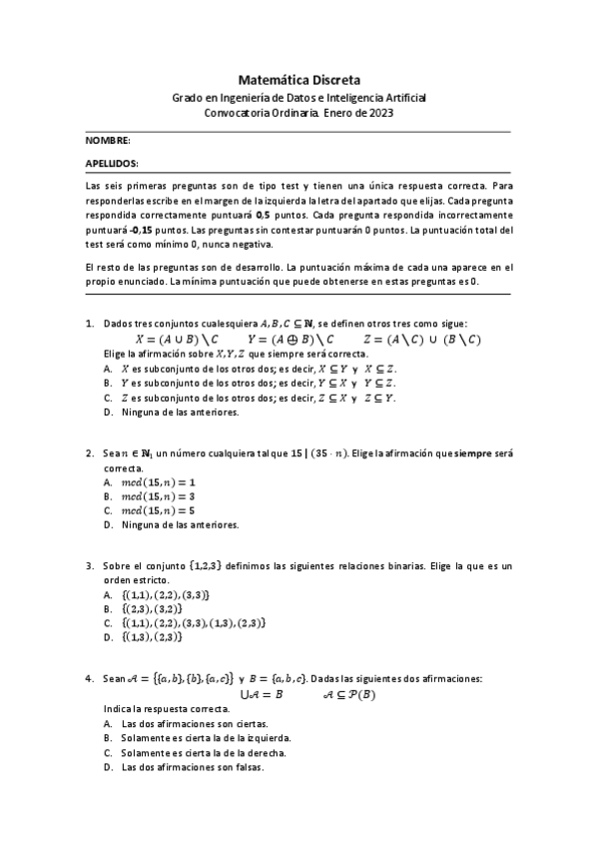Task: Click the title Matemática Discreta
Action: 299,78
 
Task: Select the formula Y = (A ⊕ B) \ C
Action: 284,339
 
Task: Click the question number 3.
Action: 90,565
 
